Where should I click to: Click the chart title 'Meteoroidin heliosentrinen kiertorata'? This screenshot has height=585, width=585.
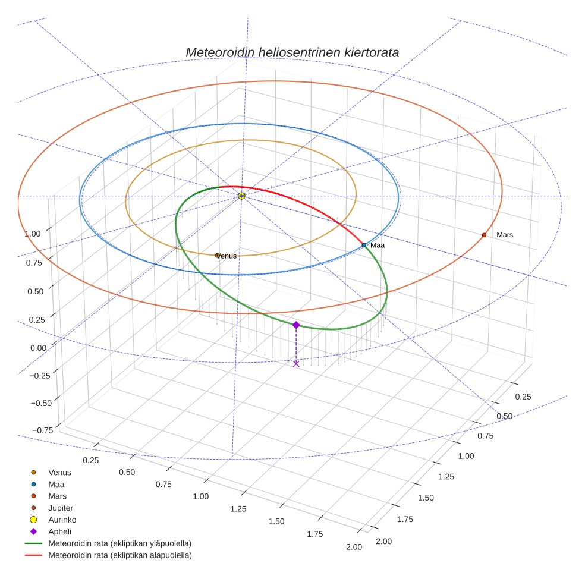292,52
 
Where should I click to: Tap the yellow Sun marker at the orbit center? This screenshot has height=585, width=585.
241,196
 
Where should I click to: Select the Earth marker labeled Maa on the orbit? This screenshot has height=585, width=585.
364,245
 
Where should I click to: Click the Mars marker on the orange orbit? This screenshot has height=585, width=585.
484,235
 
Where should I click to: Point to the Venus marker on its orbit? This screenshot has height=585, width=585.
218,256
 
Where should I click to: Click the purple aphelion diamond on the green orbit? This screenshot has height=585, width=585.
296,325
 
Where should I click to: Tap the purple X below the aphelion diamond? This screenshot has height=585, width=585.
296,363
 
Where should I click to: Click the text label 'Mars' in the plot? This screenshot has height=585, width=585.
505,235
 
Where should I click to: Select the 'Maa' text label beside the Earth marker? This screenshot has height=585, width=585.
378,245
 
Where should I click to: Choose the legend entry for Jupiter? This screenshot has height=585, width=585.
61,508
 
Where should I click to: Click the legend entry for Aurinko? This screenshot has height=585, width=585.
62,520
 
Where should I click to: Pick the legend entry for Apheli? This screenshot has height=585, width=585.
59,531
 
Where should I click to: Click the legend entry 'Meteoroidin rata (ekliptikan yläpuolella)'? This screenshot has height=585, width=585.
119,543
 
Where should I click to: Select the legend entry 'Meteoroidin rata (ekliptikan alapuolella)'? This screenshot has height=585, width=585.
119,555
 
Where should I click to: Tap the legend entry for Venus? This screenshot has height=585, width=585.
59,473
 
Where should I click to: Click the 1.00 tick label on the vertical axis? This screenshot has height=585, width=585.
33,234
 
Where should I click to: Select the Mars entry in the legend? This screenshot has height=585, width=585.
57,496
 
